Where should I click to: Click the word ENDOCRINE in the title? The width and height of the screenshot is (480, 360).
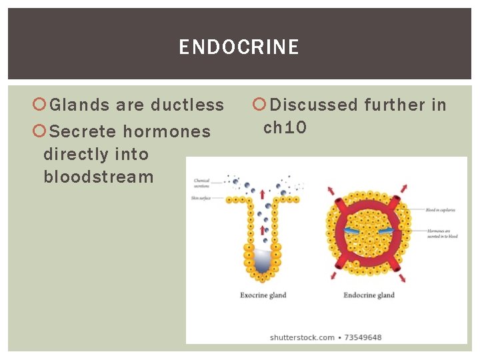239,47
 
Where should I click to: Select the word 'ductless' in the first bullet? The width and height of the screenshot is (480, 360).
187,105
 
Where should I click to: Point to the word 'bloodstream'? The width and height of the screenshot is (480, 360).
99,177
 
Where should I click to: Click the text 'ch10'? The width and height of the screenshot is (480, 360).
285,127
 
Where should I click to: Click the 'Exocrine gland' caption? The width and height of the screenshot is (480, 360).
263,295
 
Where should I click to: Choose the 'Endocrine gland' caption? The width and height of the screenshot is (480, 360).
369,295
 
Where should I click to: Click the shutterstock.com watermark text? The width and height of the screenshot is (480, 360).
302,337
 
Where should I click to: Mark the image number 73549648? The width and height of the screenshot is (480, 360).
363,337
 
